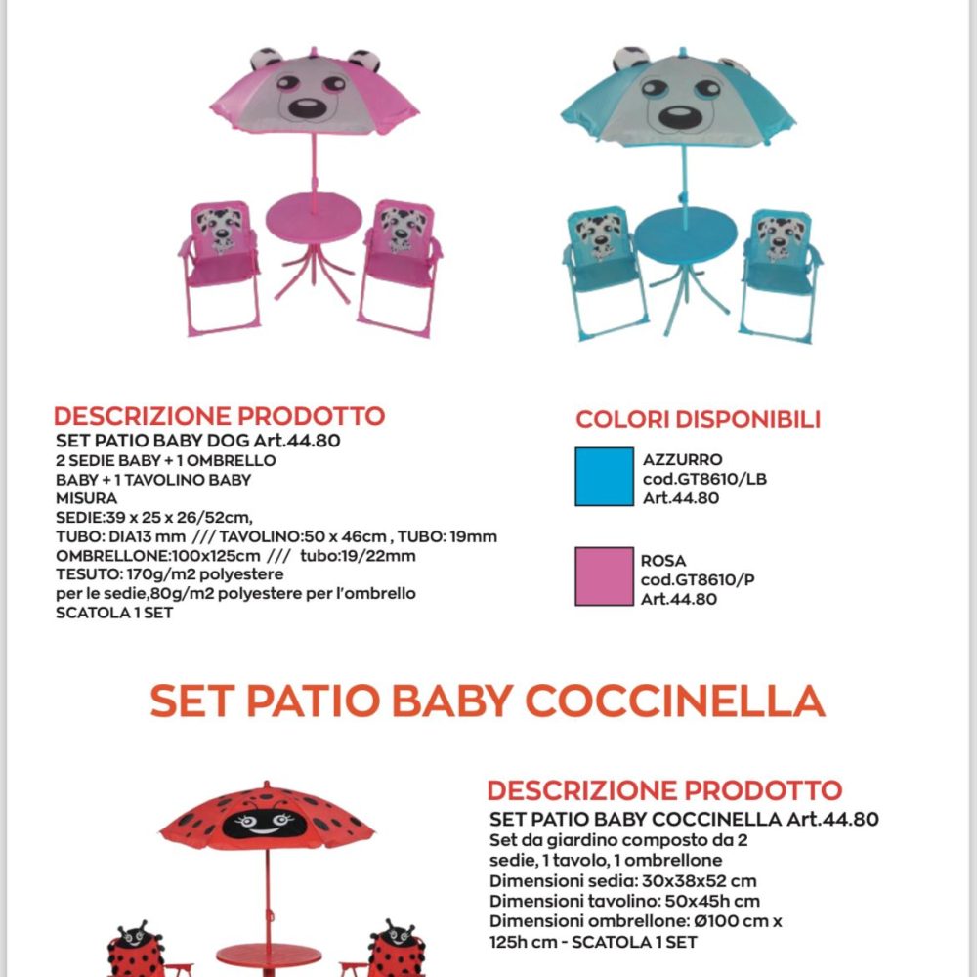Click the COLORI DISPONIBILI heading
698,420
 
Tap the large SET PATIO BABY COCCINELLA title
488,701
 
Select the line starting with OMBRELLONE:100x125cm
235,556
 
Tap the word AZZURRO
683,459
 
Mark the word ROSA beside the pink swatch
663,561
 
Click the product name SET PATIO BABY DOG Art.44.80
197,440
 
